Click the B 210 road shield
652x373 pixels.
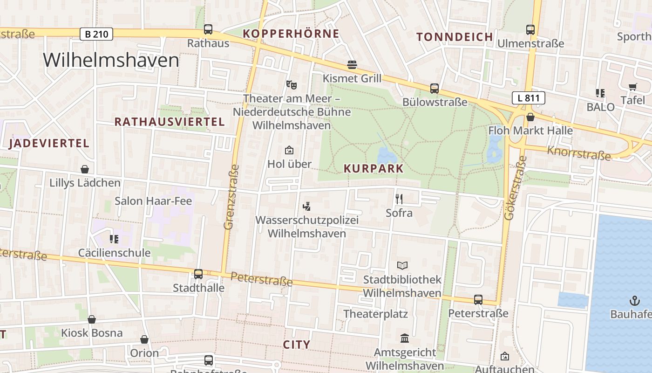point(96,34)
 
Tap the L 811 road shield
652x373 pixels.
point(528,98)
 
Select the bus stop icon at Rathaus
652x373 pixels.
point(208,29)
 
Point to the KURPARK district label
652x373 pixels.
point(374,169)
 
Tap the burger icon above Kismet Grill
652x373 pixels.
point(352,65)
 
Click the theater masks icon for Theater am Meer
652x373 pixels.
point(292,84)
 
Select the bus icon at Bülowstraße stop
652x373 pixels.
point(434,88)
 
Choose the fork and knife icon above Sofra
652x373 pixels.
point(399,199)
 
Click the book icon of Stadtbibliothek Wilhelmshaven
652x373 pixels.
point(402,265)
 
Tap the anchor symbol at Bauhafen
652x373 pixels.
point(635,300)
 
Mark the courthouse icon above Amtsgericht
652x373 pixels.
point(405,338)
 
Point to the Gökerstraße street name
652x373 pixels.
point(516,188)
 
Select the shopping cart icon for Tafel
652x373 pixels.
point(632,87)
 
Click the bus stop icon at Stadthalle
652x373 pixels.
point(198,274)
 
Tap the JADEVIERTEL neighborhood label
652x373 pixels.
point(49,144)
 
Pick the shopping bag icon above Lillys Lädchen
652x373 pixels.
point(85,169)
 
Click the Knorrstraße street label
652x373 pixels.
point(578,153)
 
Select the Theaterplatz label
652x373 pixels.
point(375,314)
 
